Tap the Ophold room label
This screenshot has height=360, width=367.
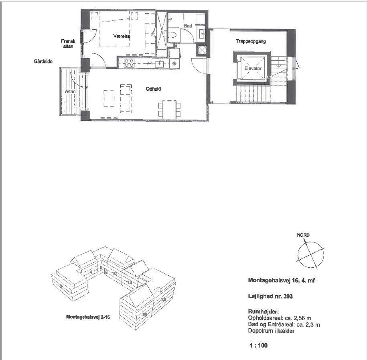(153, 89)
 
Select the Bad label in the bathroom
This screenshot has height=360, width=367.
(187, 26)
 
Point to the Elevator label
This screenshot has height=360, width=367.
(253, 69)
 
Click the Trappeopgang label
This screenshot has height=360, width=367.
(251, 41)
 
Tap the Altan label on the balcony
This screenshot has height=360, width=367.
(70, 92)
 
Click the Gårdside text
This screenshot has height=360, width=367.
(43, 61)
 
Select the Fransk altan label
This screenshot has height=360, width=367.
(66, 44)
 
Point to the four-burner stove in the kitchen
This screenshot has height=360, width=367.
(129, 63)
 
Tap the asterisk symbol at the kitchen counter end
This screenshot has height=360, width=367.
(174, 63)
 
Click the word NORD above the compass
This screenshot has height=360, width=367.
(303, 235)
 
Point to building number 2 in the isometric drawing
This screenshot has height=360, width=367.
(60, 286)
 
